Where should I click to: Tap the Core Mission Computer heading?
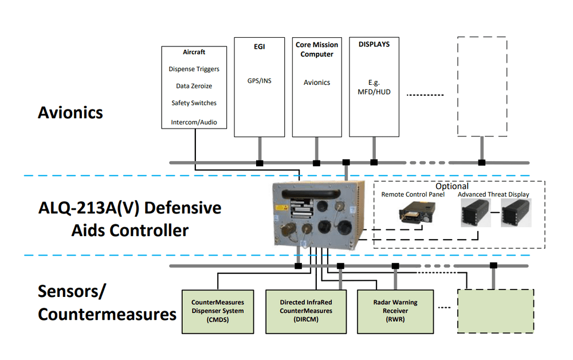click(x=317, y=49)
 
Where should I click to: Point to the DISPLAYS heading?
click(x=374, y=44)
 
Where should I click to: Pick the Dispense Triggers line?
click(x=194, y=69)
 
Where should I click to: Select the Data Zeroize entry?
click(x=194, y=86)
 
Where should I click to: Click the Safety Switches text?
click(x=194, y=103)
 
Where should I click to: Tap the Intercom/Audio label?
click(x=194, y=122)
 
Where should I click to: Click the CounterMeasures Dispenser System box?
click(x=218, y=311)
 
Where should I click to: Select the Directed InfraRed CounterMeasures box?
click(x=306, y=311)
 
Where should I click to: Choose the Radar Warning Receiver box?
click(x=396, y=311)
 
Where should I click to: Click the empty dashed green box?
click(x=495, y=311)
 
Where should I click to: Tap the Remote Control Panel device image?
click(x=413, y=213)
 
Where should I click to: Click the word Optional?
click(x=452, y=186)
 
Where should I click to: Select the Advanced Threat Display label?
click(x=493, y=195)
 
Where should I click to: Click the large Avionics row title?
click(x=70, y=112)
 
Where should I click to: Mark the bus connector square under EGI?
click(x=260, y=163)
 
